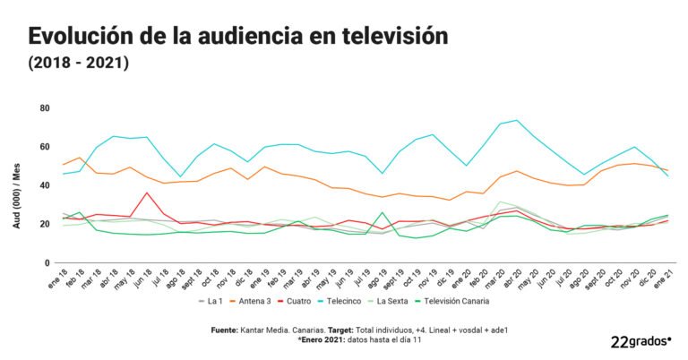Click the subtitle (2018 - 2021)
click(x=79, y=64)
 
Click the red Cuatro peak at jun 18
click(x=147, y=193)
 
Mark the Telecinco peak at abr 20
click(x=517, y=120)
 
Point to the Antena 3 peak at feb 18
click(x=81, y=158)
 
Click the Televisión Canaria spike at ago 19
click(x=383, y=213)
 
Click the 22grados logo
click(x=640, y=341)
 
